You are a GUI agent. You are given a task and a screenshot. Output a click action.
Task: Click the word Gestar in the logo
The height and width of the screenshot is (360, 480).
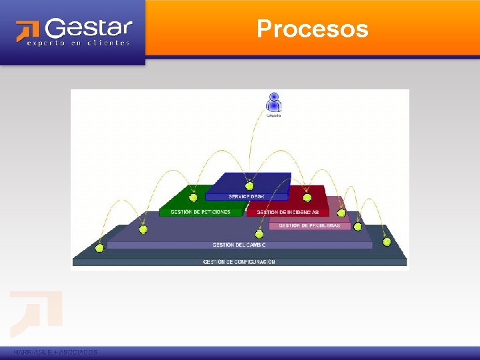coord(89,29)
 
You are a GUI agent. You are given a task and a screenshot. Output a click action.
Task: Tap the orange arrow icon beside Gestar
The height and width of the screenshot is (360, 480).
coord(29,31)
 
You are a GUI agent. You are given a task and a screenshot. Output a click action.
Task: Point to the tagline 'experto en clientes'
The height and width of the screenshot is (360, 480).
coord(78,43)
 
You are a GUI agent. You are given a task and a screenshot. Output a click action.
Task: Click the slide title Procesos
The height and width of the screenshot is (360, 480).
coord(312,29)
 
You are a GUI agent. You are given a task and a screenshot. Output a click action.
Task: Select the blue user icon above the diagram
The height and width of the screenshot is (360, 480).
coord(273,102)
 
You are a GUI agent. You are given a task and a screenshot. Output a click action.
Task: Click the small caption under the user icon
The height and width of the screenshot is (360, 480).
coord(273,115)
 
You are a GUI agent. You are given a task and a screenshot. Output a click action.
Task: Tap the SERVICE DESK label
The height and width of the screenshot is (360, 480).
coord(247,196)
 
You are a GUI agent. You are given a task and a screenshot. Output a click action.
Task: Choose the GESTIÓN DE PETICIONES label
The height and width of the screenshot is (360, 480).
coord(201,212)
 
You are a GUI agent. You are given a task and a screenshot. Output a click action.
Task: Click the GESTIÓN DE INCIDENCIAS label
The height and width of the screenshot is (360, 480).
coord(288,212)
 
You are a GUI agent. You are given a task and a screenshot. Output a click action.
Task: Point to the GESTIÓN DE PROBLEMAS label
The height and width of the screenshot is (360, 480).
coord(309,226)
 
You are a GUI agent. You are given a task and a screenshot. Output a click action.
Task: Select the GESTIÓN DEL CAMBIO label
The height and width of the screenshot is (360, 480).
coord(239,245)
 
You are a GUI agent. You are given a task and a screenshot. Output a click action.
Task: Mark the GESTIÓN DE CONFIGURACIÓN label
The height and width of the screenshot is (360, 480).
coord(239,262)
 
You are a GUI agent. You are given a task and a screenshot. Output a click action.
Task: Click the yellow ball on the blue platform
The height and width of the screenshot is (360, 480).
coord(250,186)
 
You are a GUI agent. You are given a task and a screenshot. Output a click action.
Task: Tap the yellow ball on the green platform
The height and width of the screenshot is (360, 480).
coord(193,197)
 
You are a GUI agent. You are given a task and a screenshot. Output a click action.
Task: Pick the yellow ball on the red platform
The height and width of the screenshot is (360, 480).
coord(307,197)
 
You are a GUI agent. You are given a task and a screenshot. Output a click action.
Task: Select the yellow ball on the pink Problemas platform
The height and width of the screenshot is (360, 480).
coord(341,213)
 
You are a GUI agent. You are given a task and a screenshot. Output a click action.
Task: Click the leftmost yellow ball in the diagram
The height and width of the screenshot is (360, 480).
coord(100,248)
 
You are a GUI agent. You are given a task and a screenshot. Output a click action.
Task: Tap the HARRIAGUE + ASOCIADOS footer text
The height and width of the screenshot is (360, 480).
coord(55,352)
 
